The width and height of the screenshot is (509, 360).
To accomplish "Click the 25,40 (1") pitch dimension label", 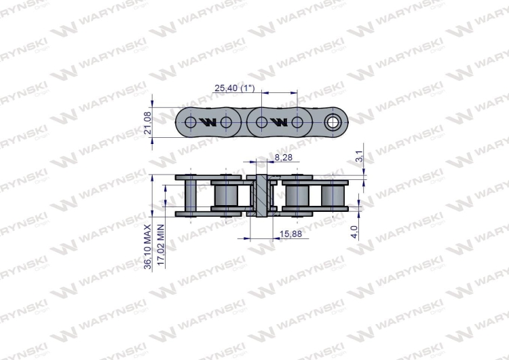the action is click(x=235, y=88).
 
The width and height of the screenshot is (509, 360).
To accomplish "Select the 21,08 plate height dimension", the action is click(x=147, y=123).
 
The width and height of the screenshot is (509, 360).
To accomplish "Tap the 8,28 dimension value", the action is click(x=284, y=158).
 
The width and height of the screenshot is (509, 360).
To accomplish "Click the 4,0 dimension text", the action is click(x=354, y=232).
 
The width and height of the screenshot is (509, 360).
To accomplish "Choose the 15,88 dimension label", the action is click(x=290, y=234).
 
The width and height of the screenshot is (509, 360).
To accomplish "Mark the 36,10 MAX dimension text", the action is click(x=148, y=247).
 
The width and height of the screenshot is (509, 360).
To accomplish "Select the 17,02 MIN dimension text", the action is click(x=161, y=245).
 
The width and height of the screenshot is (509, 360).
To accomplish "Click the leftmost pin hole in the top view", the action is click(x=191, y=122).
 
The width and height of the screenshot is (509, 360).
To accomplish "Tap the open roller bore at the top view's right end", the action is click(x=333, y=122).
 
